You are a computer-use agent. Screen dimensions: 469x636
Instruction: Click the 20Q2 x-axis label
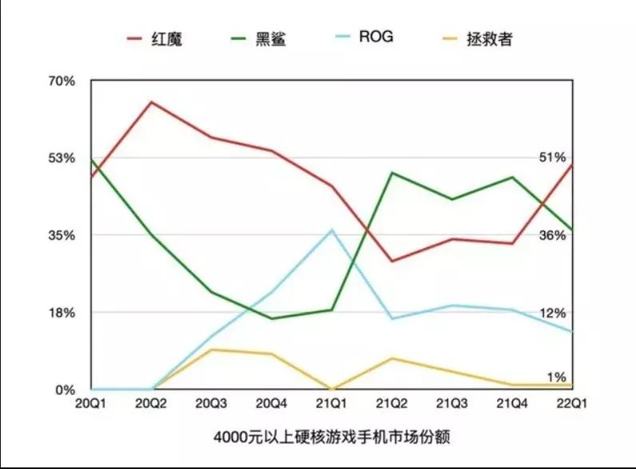pyautogui.click(x=150, y=404)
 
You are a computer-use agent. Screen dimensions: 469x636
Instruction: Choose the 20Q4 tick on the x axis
pyautogui.click(x=272, y=404)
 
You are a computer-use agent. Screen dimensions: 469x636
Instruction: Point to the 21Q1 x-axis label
pyautogui.click(x=332, y=404)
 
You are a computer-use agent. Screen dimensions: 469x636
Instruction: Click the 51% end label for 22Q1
pyautogui.click(x=552, y=157)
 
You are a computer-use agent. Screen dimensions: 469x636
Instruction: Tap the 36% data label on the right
pyautogui.click(x=552, y=235)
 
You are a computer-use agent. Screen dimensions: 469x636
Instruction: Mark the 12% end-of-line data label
pyautogui.click(x=552, y=313)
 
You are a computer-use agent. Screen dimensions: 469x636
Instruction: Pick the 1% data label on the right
pyautogui.click(x=556, y=376)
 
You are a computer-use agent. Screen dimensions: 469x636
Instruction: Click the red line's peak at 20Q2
pyautogui.click(x=151, y=102)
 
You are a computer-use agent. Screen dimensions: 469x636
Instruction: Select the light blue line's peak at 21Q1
pyautogui.click(x=332, y=230)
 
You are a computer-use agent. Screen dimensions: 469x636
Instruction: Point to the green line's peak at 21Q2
pyautogui.click(x=392, y=172)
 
